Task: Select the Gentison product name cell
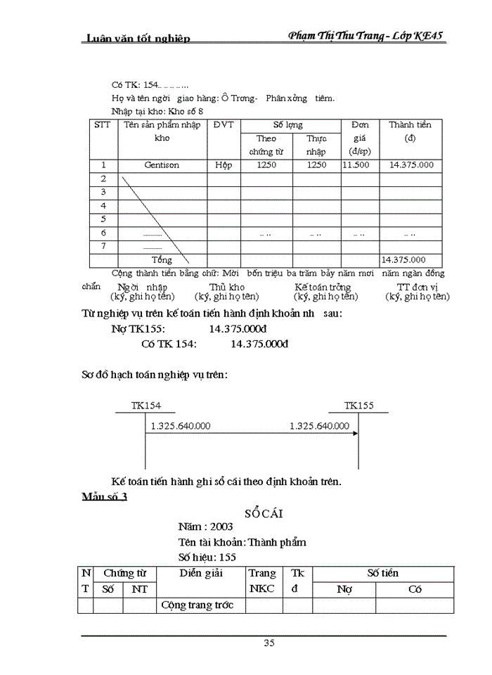[162, 165]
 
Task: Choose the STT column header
[103, 125]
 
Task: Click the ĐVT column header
[223, 125]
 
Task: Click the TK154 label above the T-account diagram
[145, 406]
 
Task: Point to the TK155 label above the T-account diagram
[359, 406]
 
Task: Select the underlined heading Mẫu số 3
[104, 497]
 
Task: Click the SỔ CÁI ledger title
[263, 513]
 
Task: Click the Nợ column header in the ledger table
[344, 589]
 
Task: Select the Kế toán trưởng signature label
[323, 288]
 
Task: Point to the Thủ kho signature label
[227, 288]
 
